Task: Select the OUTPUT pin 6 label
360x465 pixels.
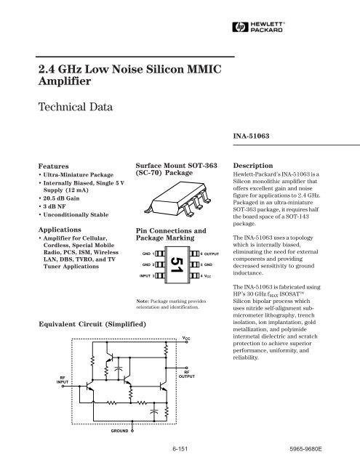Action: point(210,254)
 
